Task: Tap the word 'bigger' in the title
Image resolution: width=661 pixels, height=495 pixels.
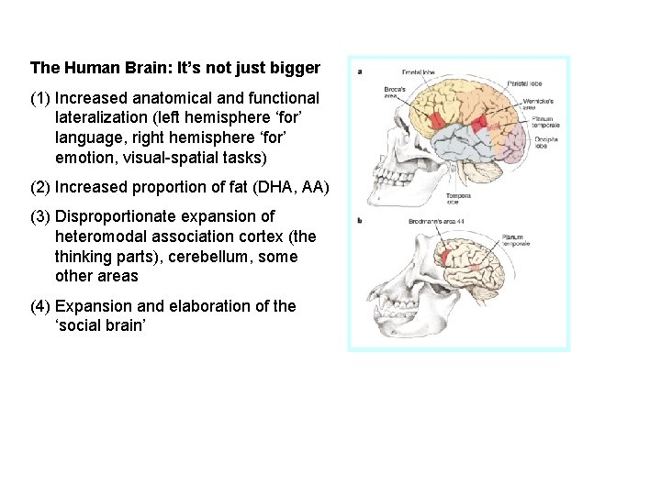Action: pos(294,68)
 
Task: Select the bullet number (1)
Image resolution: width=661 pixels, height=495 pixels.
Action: pos(39,97)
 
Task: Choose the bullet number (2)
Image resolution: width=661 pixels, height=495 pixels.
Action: pos(39,187)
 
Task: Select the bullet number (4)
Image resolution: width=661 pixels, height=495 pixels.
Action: pos(39,306)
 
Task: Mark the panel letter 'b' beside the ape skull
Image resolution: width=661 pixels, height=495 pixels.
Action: pos(359,220)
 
